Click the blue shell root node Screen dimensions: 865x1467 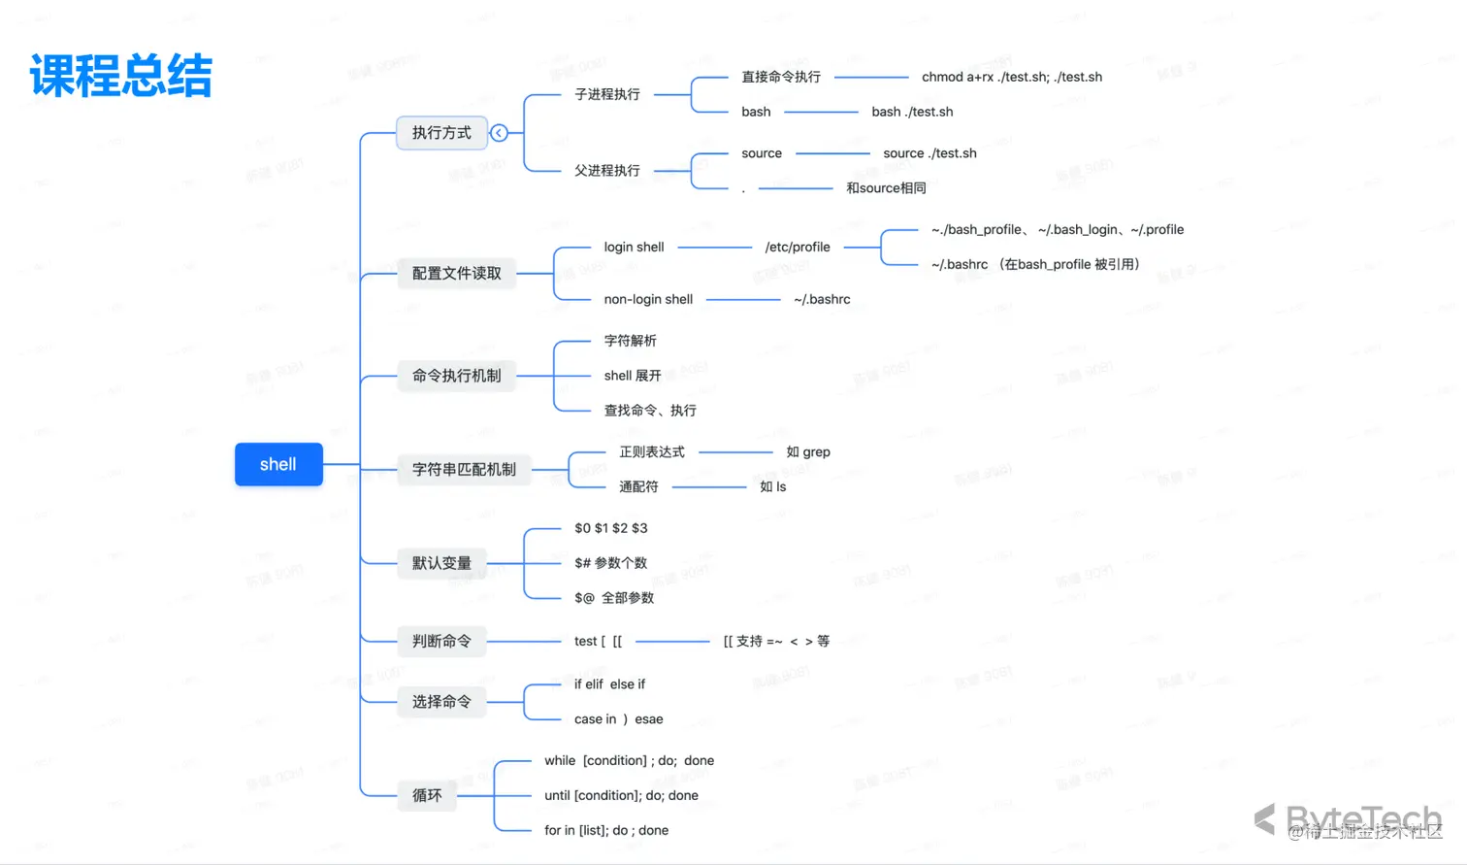(x=278, y=464)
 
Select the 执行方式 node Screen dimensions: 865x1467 (x=441, y=132)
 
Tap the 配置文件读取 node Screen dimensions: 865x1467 (x=456, y=273)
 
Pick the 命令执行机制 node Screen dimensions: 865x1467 (x=456, y=376)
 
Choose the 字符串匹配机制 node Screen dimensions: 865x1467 (x=464, y=469)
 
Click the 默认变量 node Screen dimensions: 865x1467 (x=441, y=563)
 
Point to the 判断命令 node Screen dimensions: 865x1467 (x=441, y=641)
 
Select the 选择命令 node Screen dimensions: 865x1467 (x=441, y=701)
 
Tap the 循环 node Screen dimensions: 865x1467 (x=427, y=795)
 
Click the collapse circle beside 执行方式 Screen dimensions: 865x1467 (x=499, y=133)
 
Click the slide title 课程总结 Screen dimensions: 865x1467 (x=121, y=76)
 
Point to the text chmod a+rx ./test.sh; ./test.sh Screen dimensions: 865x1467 (x=1011, y=77)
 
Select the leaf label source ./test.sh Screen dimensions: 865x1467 (x=929, y=153)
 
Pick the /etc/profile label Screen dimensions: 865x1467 (x=798, y=247)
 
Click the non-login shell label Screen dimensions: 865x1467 (x=648, y=299)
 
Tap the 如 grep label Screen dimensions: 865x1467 (x=808, y=451)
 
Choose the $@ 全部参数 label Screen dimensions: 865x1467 (x=614, y=598)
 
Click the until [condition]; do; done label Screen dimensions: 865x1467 (x=621, y=795)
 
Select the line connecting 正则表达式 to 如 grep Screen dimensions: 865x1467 (x=735, y=451)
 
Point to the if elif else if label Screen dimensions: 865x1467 (x=609, y=684)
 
